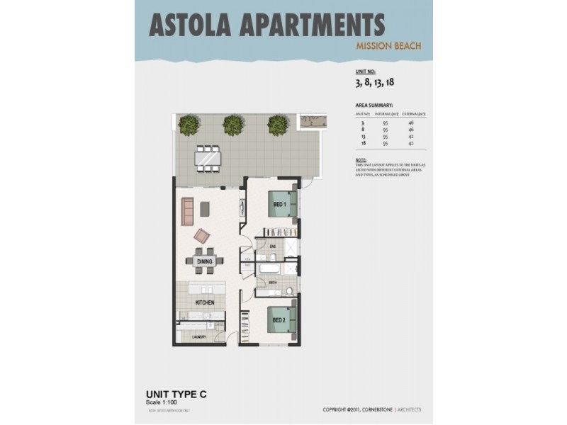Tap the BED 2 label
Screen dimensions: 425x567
279,319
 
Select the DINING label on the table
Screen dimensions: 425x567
204,261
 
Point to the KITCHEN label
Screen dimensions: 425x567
204,302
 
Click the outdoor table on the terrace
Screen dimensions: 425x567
208,159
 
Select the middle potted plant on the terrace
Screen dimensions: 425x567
232,125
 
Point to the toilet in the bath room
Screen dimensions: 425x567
291,291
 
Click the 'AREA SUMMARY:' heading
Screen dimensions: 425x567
374,104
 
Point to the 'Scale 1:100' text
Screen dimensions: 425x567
162,402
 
